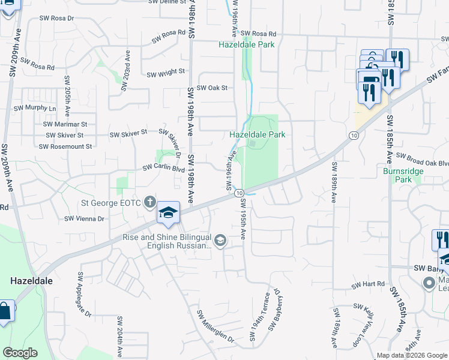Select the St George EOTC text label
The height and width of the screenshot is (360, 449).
113,203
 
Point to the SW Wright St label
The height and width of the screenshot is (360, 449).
166,73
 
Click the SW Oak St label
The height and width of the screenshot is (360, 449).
212,88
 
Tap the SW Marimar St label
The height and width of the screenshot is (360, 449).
65,124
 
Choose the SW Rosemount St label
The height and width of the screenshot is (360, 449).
65,146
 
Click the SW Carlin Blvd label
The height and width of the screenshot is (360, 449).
163,169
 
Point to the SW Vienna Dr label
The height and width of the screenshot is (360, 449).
84,219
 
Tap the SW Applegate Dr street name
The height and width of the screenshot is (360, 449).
83,295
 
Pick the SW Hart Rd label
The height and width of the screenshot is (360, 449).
368,284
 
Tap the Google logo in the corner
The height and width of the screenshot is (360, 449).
20,353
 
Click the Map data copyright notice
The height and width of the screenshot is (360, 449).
412,355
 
